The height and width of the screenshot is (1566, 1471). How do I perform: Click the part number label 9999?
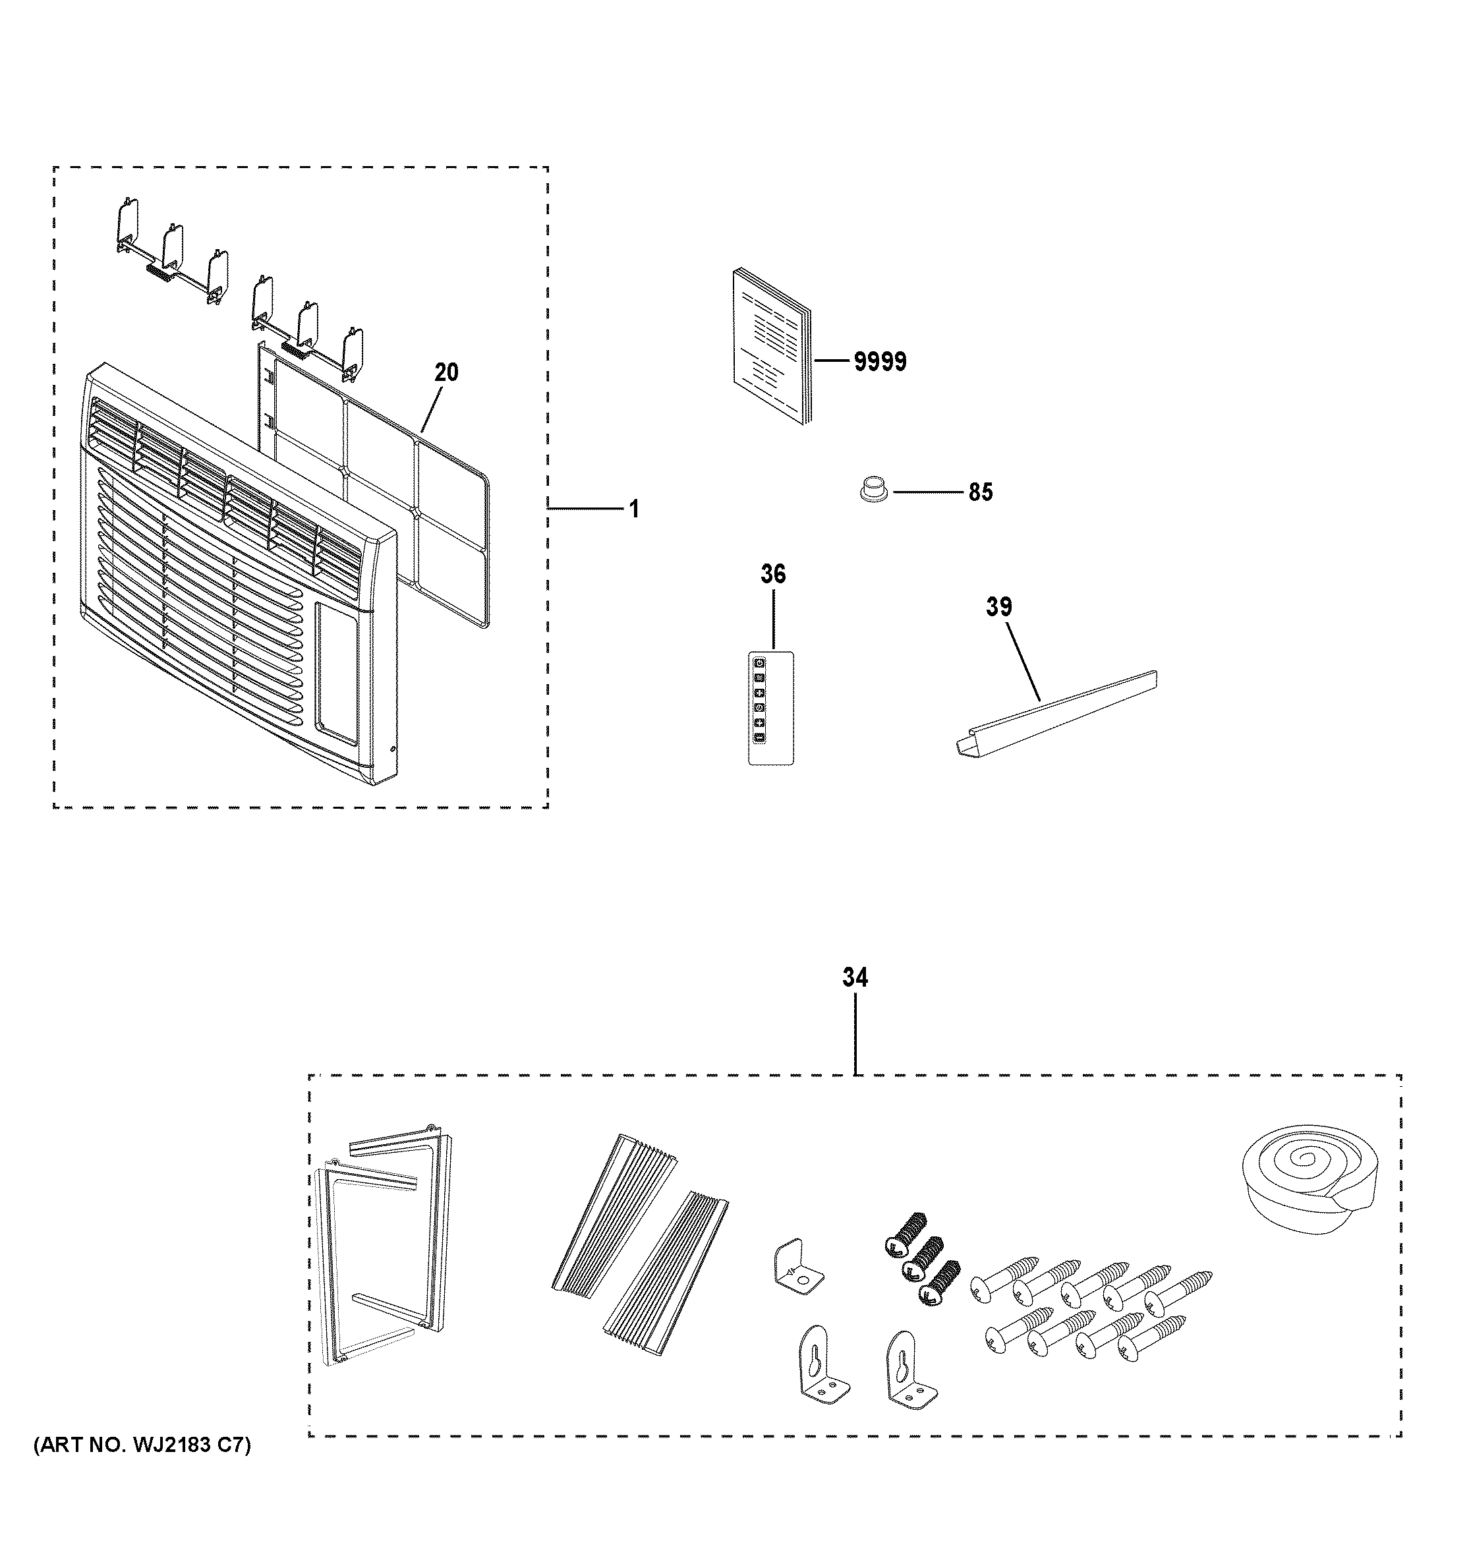[x=880, y=362]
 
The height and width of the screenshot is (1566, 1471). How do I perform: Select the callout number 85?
[x=981, y=493]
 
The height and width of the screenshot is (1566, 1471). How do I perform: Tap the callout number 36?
[x=772, y=575]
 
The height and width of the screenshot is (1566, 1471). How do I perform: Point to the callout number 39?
[x=998, y=607]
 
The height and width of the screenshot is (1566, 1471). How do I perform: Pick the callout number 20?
[x=446, y=372]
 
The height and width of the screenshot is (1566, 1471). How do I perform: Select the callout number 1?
[x=634, y=509]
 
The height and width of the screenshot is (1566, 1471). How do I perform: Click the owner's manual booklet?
[x=772, y=347]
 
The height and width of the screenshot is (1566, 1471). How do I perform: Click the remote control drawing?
[x=770, y=707]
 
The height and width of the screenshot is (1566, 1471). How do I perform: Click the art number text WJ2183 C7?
[x=142, y=1468]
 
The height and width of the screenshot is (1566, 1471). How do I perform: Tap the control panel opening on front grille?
[x=336, y=673]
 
